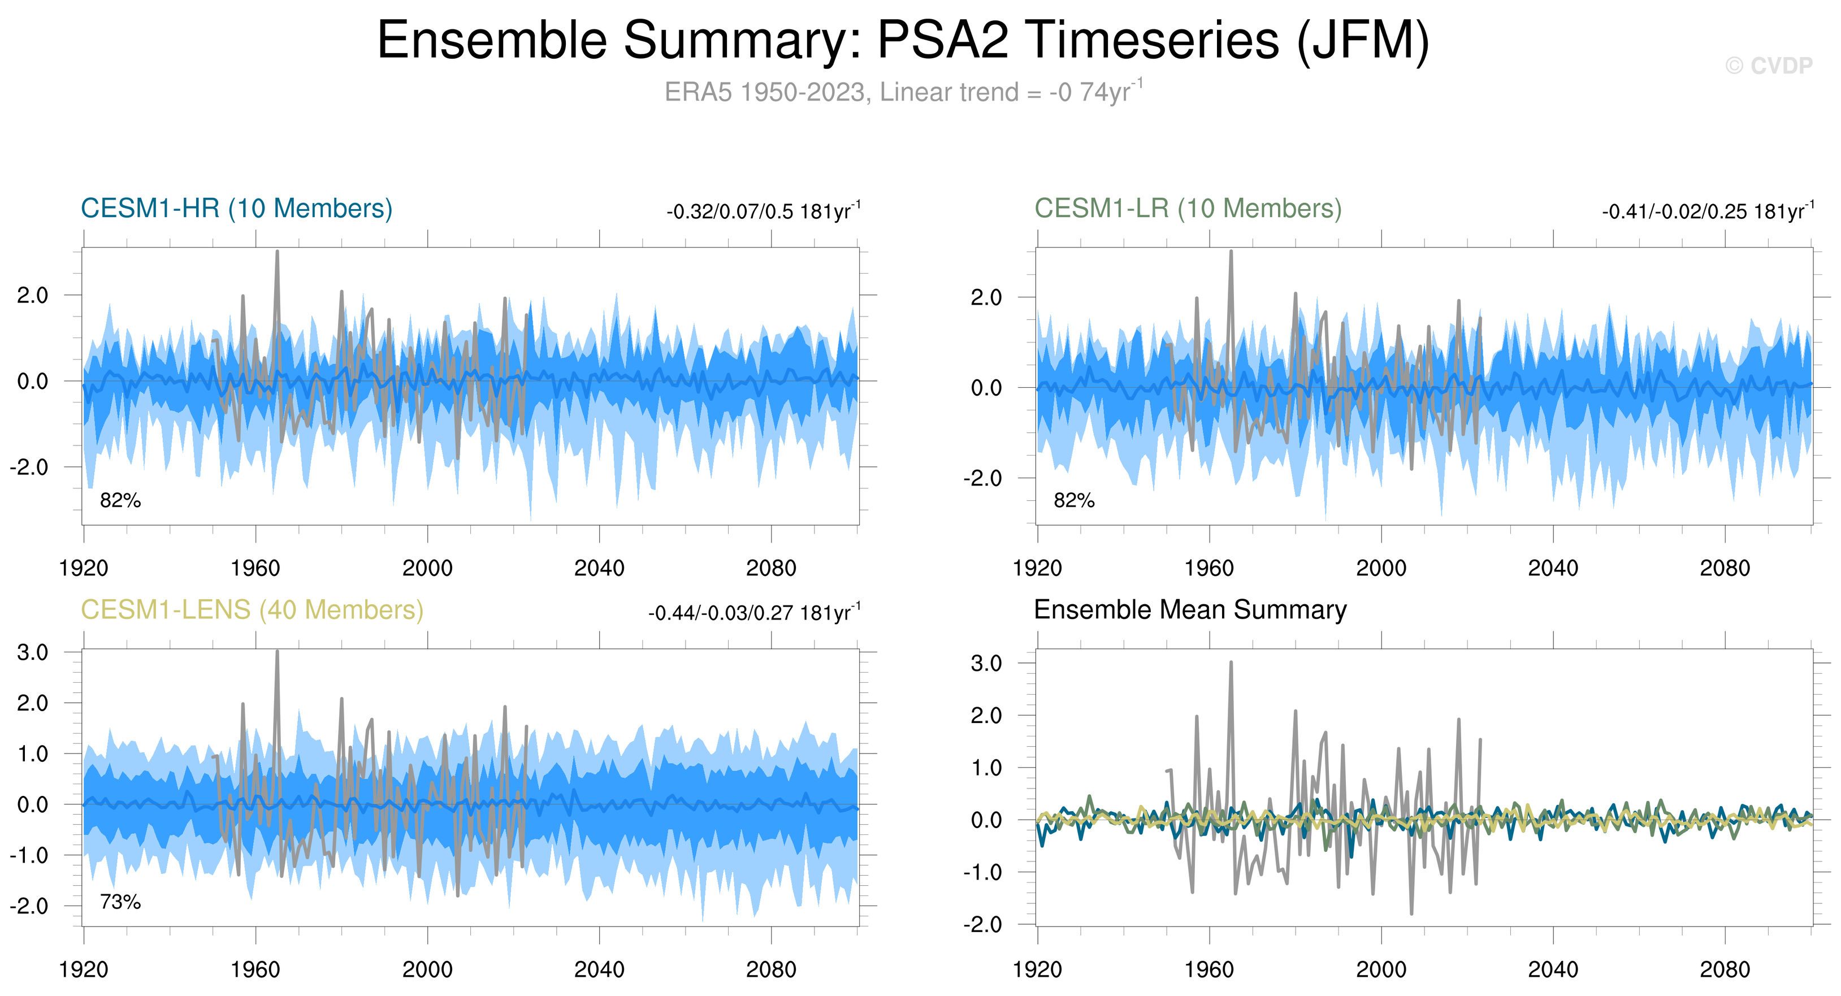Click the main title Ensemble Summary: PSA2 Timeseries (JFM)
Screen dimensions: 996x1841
click(x=903, y=40)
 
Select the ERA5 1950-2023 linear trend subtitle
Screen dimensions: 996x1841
click(x=903, y=92)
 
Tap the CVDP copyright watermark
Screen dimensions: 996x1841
click(x=1768, y=66)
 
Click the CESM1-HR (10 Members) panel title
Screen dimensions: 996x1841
click(x=237, y=209)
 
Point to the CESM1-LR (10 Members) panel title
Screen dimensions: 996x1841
click(x=1188, y=209)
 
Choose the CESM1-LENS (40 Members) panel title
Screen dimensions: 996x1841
click(x=252, y=610)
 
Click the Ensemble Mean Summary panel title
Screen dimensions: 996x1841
click(x=1190, y=610)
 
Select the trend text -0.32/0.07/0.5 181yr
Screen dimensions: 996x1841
click(x=763, y=211)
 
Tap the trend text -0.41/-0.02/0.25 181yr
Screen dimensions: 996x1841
click(x=1706, y=211)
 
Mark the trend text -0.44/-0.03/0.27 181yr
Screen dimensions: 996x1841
click(x=754, y=613)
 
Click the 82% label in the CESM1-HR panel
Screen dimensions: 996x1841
click(x=120, y=500)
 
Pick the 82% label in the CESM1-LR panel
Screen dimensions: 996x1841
click(x=1073, y=500)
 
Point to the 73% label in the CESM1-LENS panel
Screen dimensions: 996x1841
click(x=120, y=902)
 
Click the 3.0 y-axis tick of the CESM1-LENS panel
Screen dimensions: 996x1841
click(x=33, y=652)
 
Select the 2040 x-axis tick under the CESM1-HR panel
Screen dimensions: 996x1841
click(x=599, y=568)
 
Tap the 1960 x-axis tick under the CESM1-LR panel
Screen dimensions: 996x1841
click(x=1208, y=568)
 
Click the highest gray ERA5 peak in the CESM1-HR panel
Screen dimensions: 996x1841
click(x=278, y=252)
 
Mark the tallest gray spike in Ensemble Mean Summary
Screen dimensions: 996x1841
click(x=1231, y=663)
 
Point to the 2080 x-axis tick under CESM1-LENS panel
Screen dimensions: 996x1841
click(x=770, y=969)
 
